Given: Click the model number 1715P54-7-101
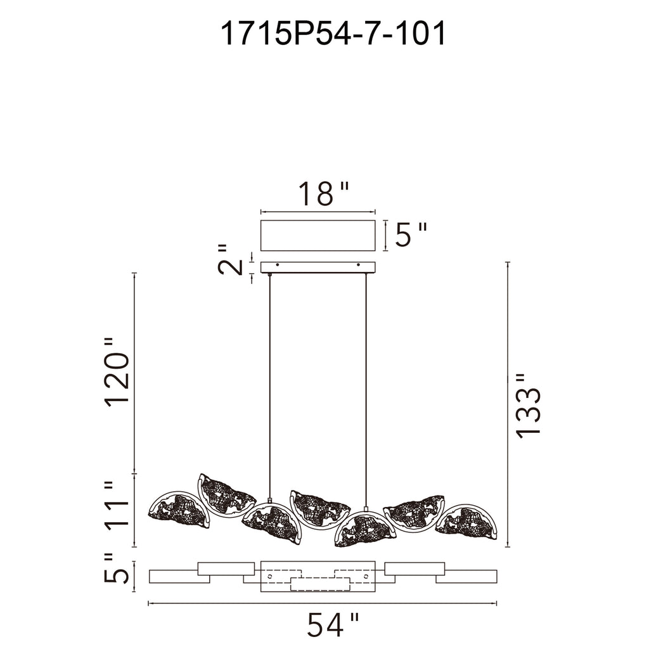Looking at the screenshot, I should [333, 34].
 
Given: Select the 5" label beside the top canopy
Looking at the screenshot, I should [411, 235].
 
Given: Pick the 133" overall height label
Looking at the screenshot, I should [527, 405].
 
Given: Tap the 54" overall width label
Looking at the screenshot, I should [333, 626].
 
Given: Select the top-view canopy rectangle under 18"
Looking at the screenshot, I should [318, 236].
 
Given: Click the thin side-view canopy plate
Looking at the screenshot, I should [318, 267].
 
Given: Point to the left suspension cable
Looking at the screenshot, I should [270, 387].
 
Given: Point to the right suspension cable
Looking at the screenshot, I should [366, 387].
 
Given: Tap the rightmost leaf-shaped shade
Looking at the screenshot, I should [468, 521].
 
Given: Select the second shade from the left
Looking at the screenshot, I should [227, 495].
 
